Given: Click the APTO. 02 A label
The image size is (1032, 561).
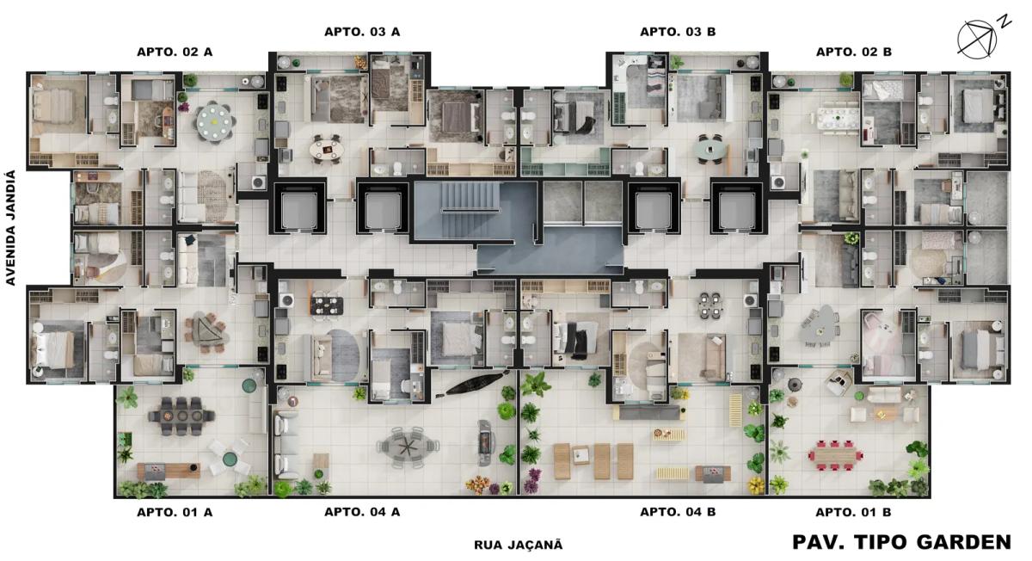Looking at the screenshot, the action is click(x=175, y=52).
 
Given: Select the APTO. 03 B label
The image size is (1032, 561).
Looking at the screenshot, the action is click(x=678, y=32).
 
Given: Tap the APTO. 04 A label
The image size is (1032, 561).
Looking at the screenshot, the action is click(x=362, y=512).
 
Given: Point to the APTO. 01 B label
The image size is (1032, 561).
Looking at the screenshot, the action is click(x=853, y=512).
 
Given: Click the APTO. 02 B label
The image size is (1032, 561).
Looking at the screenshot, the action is click(x=854, y=52).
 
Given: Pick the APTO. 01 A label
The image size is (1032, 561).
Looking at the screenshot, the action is click(x=175, y=512).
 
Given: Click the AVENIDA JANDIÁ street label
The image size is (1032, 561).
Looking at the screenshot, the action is click(x=10, y=228).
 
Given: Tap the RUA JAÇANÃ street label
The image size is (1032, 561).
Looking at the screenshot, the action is click(x=519, y=545).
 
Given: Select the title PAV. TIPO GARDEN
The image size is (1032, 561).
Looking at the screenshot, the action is click(x=901, y=542).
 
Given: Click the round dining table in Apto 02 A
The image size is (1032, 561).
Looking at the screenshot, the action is click(x=215, y=122).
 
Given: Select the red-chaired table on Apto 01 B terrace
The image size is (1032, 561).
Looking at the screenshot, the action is click(x=836, y=455).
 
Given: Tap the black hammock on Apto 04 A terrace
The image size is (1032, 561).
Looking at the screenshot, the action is click(x=472, y=384).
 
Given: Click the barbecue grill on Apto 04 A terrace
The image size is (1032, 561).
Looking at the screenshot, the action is click(x=485, y=442).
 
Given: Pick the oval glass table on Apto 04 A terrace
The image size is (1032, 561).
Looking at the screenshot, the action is click(x=408, y=447).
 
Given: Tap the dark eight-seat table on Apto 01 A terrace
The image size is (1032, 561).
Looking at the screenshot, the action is click(x=181, y=416).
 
